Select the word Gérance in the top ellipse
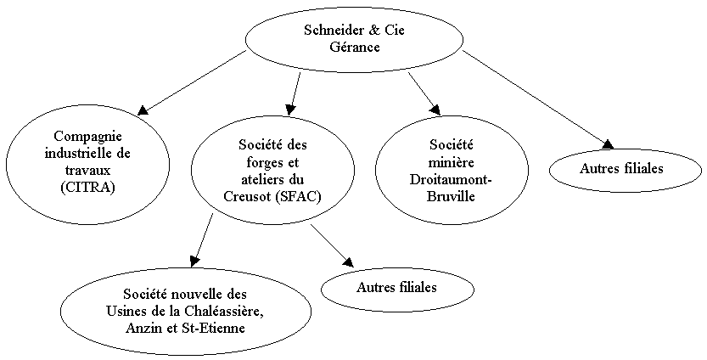click(355, 47)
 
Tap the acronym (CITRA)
click(87, 187)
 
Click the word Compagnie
click(88, 136)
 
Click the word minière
click(452, 162)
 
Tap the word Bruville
click(451, 196)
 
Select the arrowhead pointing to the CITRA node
click(143, 110)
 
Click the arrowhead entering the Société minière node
click(435, 110)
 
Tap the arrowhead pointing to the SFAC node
click(290, 109)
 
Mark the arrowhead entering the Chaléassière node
click(194, 262)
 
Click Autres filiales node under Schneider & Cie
click(626, 169)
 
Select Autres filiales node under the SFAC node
click(397, 288)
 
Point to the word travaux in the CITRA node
click(87, 170)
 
